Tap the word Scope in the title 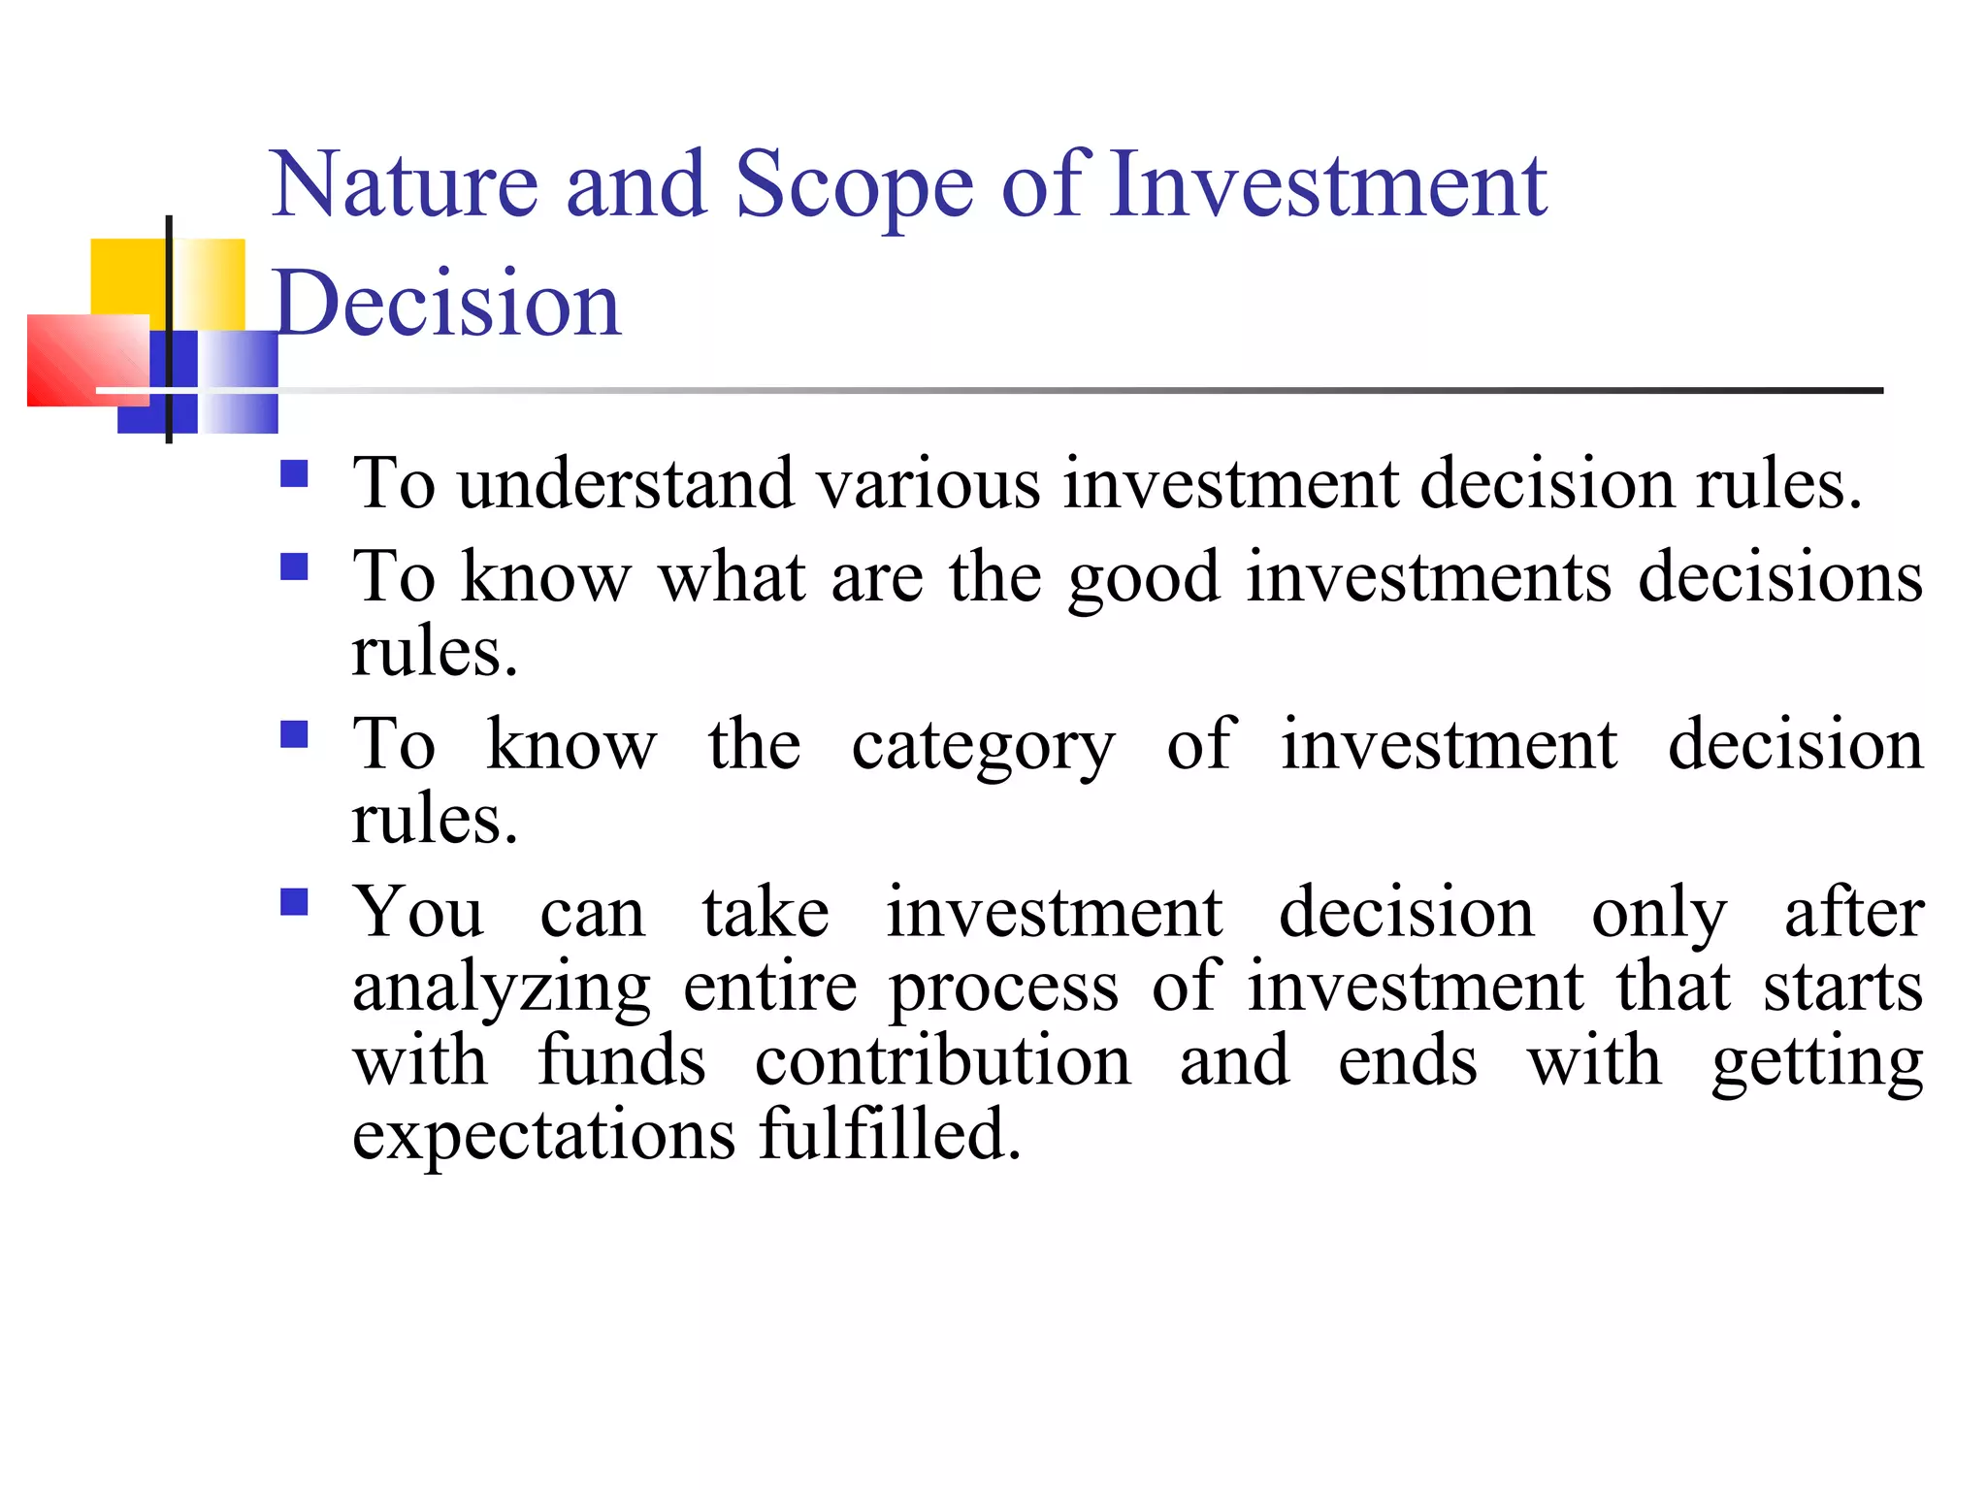[853, 186]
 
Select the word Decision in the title [447, 304]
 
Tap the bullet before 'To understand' [294, 474]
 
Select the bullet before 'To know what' [294, 567]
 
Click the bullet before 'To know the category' [294, 734]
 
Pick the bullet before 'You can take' [294, 902]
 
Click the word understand [626, 483]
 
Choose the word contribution [942, 1060]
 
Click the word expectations [543, 1136]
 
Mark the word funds [622, 1060]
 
